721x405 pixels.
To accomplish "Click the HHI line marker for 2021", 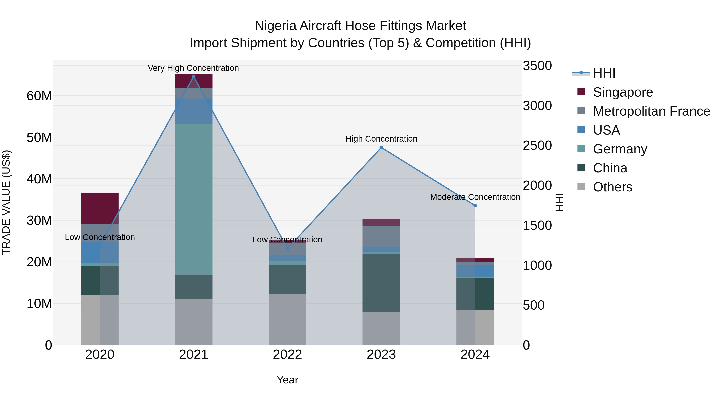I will pos(193,77).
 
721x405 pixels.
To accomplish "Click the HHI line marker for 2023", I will pos(381,148).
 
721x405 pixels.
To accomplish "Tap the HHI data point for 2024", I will pos(475,206).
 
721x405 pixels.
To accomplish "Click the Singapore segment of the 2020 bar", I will pos(100,208).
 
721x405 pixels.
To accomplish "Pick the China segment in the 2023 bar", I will pos(381,283).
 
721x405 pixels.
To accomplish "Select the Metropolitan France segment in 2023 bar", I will pos(381,236).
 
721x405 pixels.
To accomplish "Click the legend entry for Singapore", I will pos(622,92).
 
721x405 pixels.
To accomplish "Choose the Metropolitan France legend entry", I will pos(651,111).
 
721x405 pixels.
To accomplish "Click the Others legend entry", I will pos(612,187).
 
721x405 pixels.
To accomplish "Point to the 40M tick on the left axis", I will pos(39,179).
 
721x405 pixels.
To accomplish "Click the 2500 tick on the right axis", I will pos(537,146).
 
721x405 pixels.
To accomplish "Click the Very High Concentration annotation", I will pos(193,68).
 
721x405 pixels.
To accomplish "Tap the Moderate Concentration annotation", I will pos(475,197).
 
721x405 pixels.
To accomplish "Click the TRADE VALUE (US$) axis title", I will pos(6,202).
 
